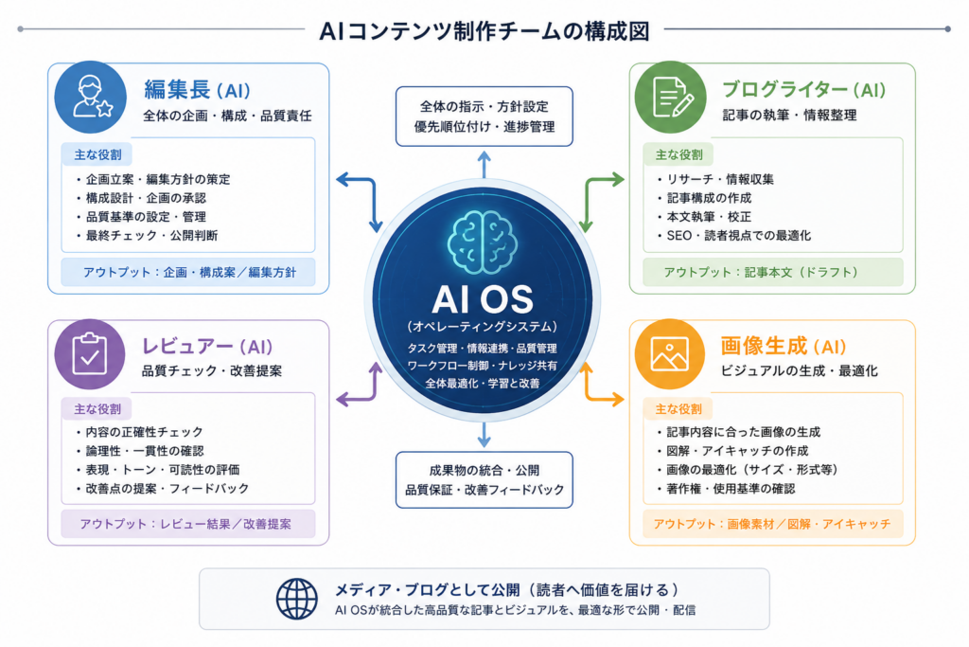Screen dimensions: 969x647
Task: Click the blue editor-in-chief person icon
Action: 90,98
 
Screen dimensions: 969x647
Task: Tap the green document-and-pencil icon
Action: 671,98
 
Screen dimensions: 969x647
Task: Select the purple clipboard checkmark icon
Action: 90,354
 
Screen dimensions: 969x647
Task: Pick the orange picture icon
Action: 670,354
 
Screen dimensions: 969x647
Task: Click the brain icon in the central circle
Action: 483,243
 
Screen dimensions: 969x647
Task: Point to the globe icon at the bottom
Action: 296,599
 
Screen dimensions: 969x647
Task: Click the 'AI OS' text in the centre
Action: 483,299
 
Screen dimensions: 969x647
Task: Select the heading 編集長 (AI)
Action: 197,90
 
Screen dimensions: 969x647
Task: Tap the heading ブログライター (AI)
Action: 804,90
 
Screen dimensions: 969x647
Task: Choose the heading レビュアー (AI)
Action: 207,347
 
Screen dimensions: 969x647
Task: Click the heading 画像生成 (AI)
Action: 783,347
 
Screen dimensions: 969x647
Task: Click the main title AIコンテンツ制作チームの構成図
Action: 484,31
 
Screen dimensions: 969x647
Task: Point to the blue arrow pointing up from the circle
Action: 484,165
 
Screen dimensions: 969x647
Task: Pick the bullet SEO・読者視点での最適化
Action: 733,236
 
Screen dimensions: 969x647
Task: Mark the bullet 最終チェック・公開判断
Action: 147,236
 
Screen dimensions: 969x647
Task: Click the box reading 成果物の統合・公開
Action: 484,480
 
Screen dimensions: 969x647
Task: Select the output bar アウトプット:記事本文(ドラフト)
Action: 772,272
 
